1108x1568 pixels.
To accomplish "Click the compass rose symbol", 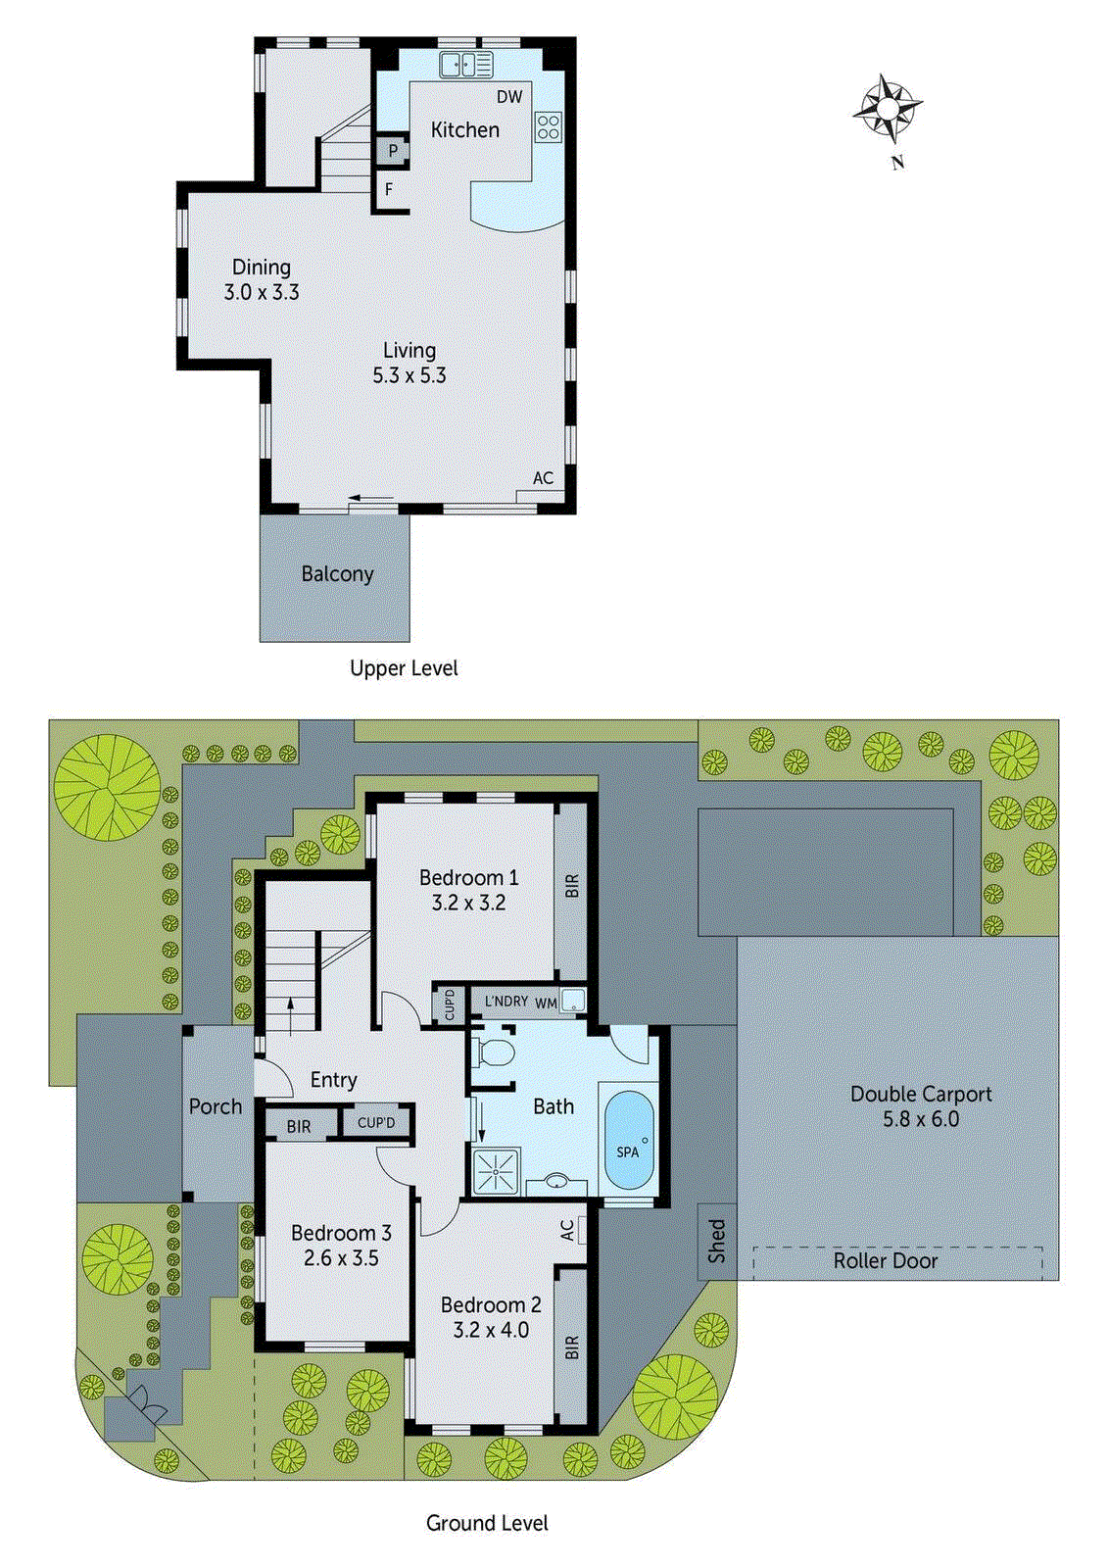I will point(888,109).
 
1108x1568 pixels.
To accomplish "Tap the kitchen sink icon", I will point(465,65).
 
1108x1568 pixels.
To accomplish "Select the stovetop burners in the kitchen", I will point(548,126).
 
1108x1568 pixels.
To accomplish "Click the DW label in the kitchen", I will point(509,97).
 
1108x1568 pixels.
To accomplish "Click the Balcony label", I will point(337,574).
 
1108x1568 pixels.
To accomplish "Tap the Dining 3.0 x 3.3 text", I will point(261,279).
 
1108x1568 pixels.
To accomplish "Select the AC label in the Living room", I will point(543,478).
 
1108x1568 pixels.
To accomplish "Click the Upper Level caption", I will point(404,668).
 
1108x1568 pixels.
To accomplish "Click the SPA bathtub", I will point(628,1141).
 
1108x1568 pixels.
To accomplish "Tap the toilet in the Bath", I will point(496,1054).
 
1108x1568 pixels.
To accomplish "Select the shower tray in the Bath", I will point(497,1170).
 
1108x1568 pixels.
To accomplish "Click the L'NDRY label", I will point(506,1001).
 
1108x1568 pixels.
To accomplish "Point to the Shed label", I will point(717,1241).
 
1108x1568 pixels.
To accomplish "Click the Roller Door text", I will point(886,1261).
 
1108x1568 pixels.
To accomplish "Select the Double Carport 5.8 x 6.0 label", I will point(921,1106).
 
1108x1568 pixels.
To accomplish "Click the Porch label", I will point(216,1106).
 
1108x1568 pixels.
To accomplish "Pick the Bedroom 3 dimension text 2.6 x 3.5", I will point(341,1258).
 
